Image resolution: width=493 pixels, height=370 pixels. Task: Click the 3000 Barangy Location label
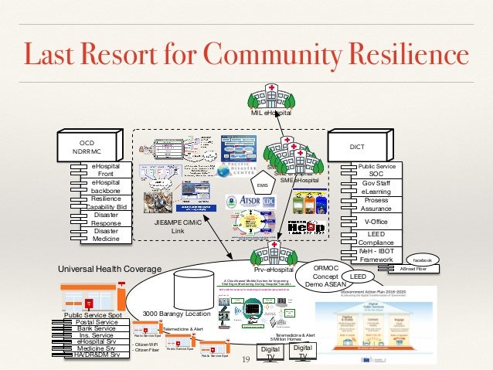point(176,314)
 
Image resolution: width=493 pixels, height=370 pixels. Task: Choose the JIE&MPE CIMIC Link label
point(178,226)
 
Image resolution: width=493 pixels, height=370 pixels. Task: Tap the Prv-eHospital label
point(274,270)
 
